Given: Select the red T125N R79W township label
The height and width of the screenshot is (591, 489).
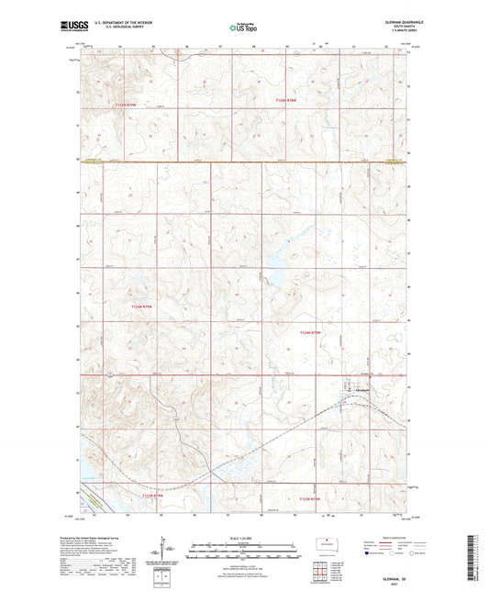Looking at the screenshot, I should click(128, 107).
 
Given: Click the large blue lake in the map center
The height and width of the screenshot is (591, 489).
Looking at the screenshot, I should click(273, 271).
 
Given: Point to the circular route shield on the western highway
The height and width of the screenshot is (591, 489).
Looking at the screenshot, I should click(107, 374).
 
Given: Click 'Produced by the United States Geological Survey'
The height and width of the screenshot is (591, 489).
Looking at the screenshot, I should click(107, 536).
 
